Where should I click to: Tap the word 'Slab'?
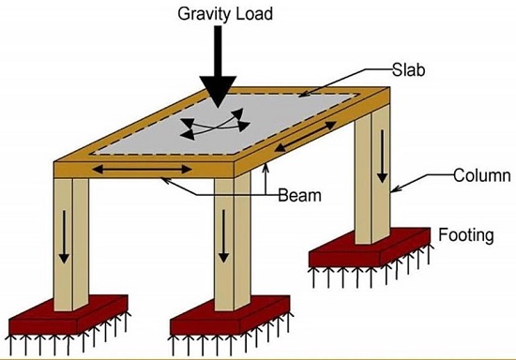(408, 71)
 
